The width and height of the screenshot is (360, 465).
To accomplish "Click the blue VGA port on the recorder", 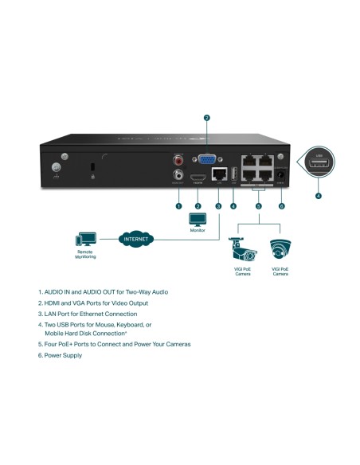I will (206, 160).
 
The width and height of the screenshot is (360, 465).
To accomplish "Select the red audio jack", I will (178, 160).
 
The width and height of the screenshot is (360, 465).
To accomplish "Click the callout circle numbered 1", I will (178, 206).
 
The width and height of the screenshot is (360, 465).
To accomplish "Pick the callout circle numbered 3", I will (218, 206).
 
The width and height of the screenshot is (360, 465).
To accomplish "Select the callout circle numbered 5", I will (257, 206).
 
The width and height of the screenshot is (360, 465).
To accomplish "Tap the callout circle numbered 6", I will (281, 206).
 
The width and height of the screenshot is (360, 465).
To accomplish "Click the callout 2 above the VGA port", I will (206, 118).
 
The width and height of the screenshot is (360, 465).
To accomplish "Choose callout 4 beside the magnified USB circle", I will (319, 195).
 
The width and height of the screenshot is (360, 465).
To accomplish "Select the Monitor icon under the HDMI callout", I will (197, 219).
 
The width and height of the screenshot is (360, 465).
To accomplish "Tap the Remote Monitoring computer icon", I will (85, 240).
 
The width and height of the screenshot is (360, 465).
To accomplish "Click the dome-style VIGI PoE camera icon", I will (280, 249).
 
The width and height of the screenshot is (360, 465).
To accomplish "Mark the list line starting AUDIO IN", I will (103, 292).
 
